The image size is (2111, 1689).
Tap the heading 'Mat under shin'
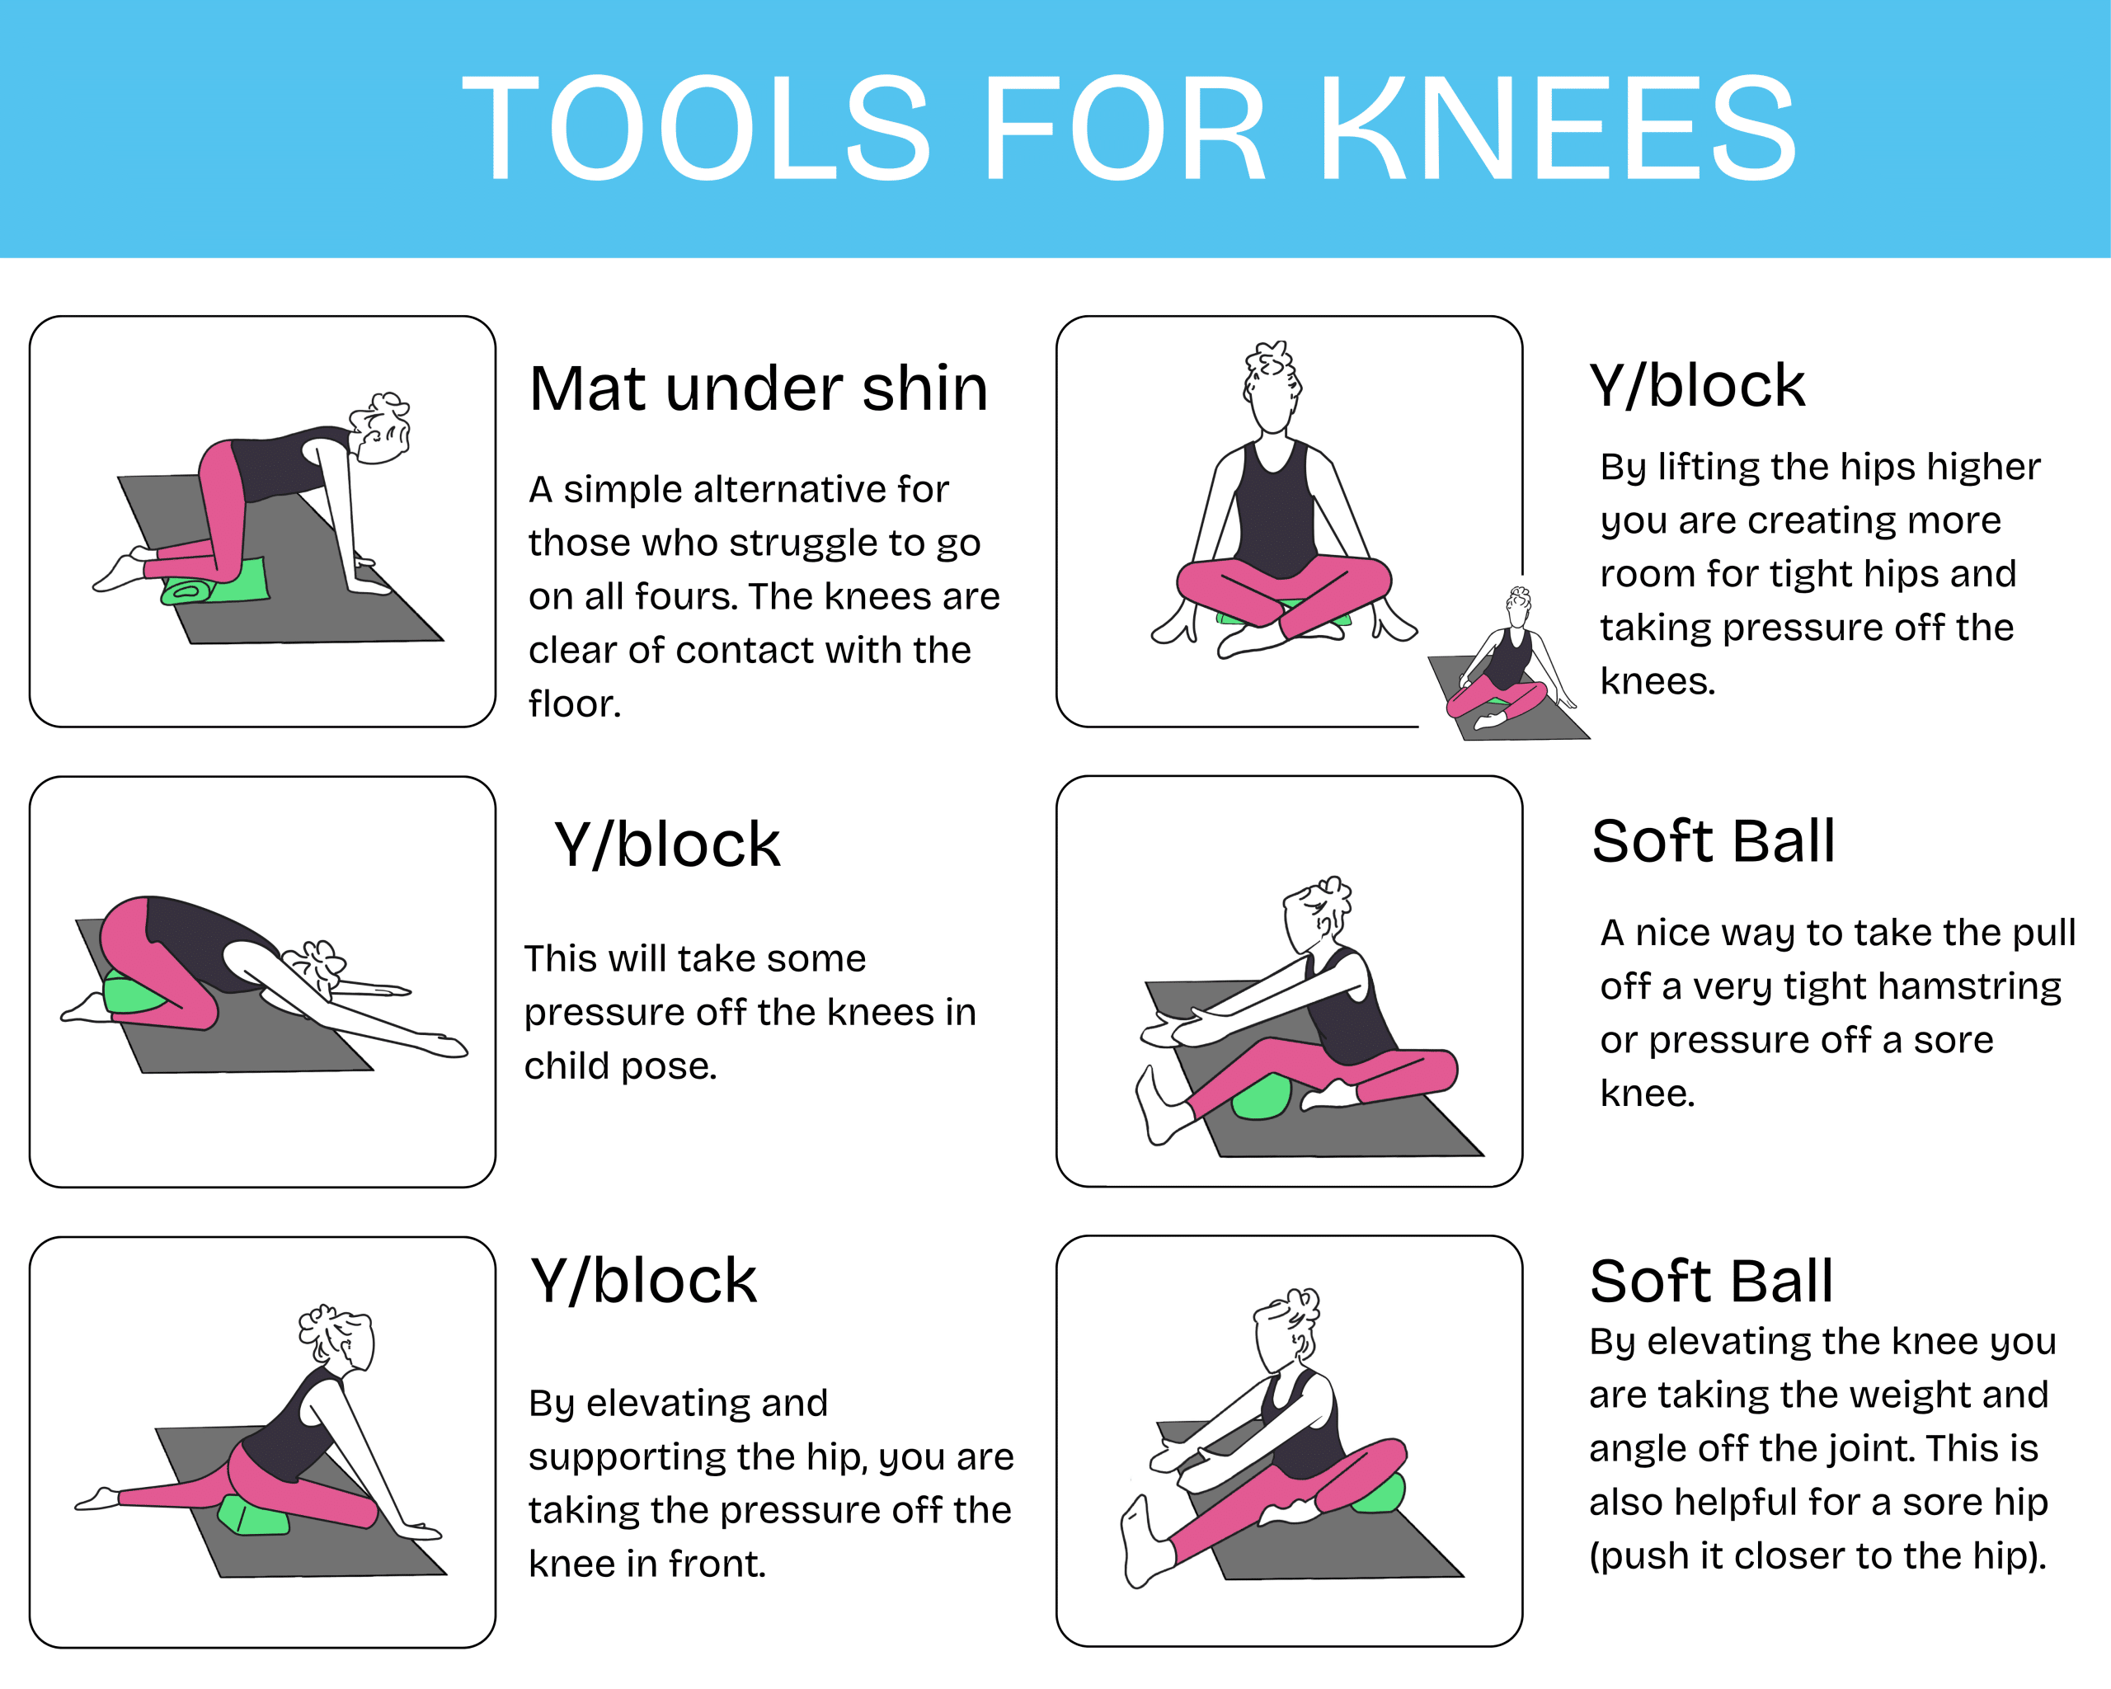coord(759,388)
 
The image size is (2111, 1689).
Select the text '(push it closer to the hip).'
coord(1818,1556)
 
